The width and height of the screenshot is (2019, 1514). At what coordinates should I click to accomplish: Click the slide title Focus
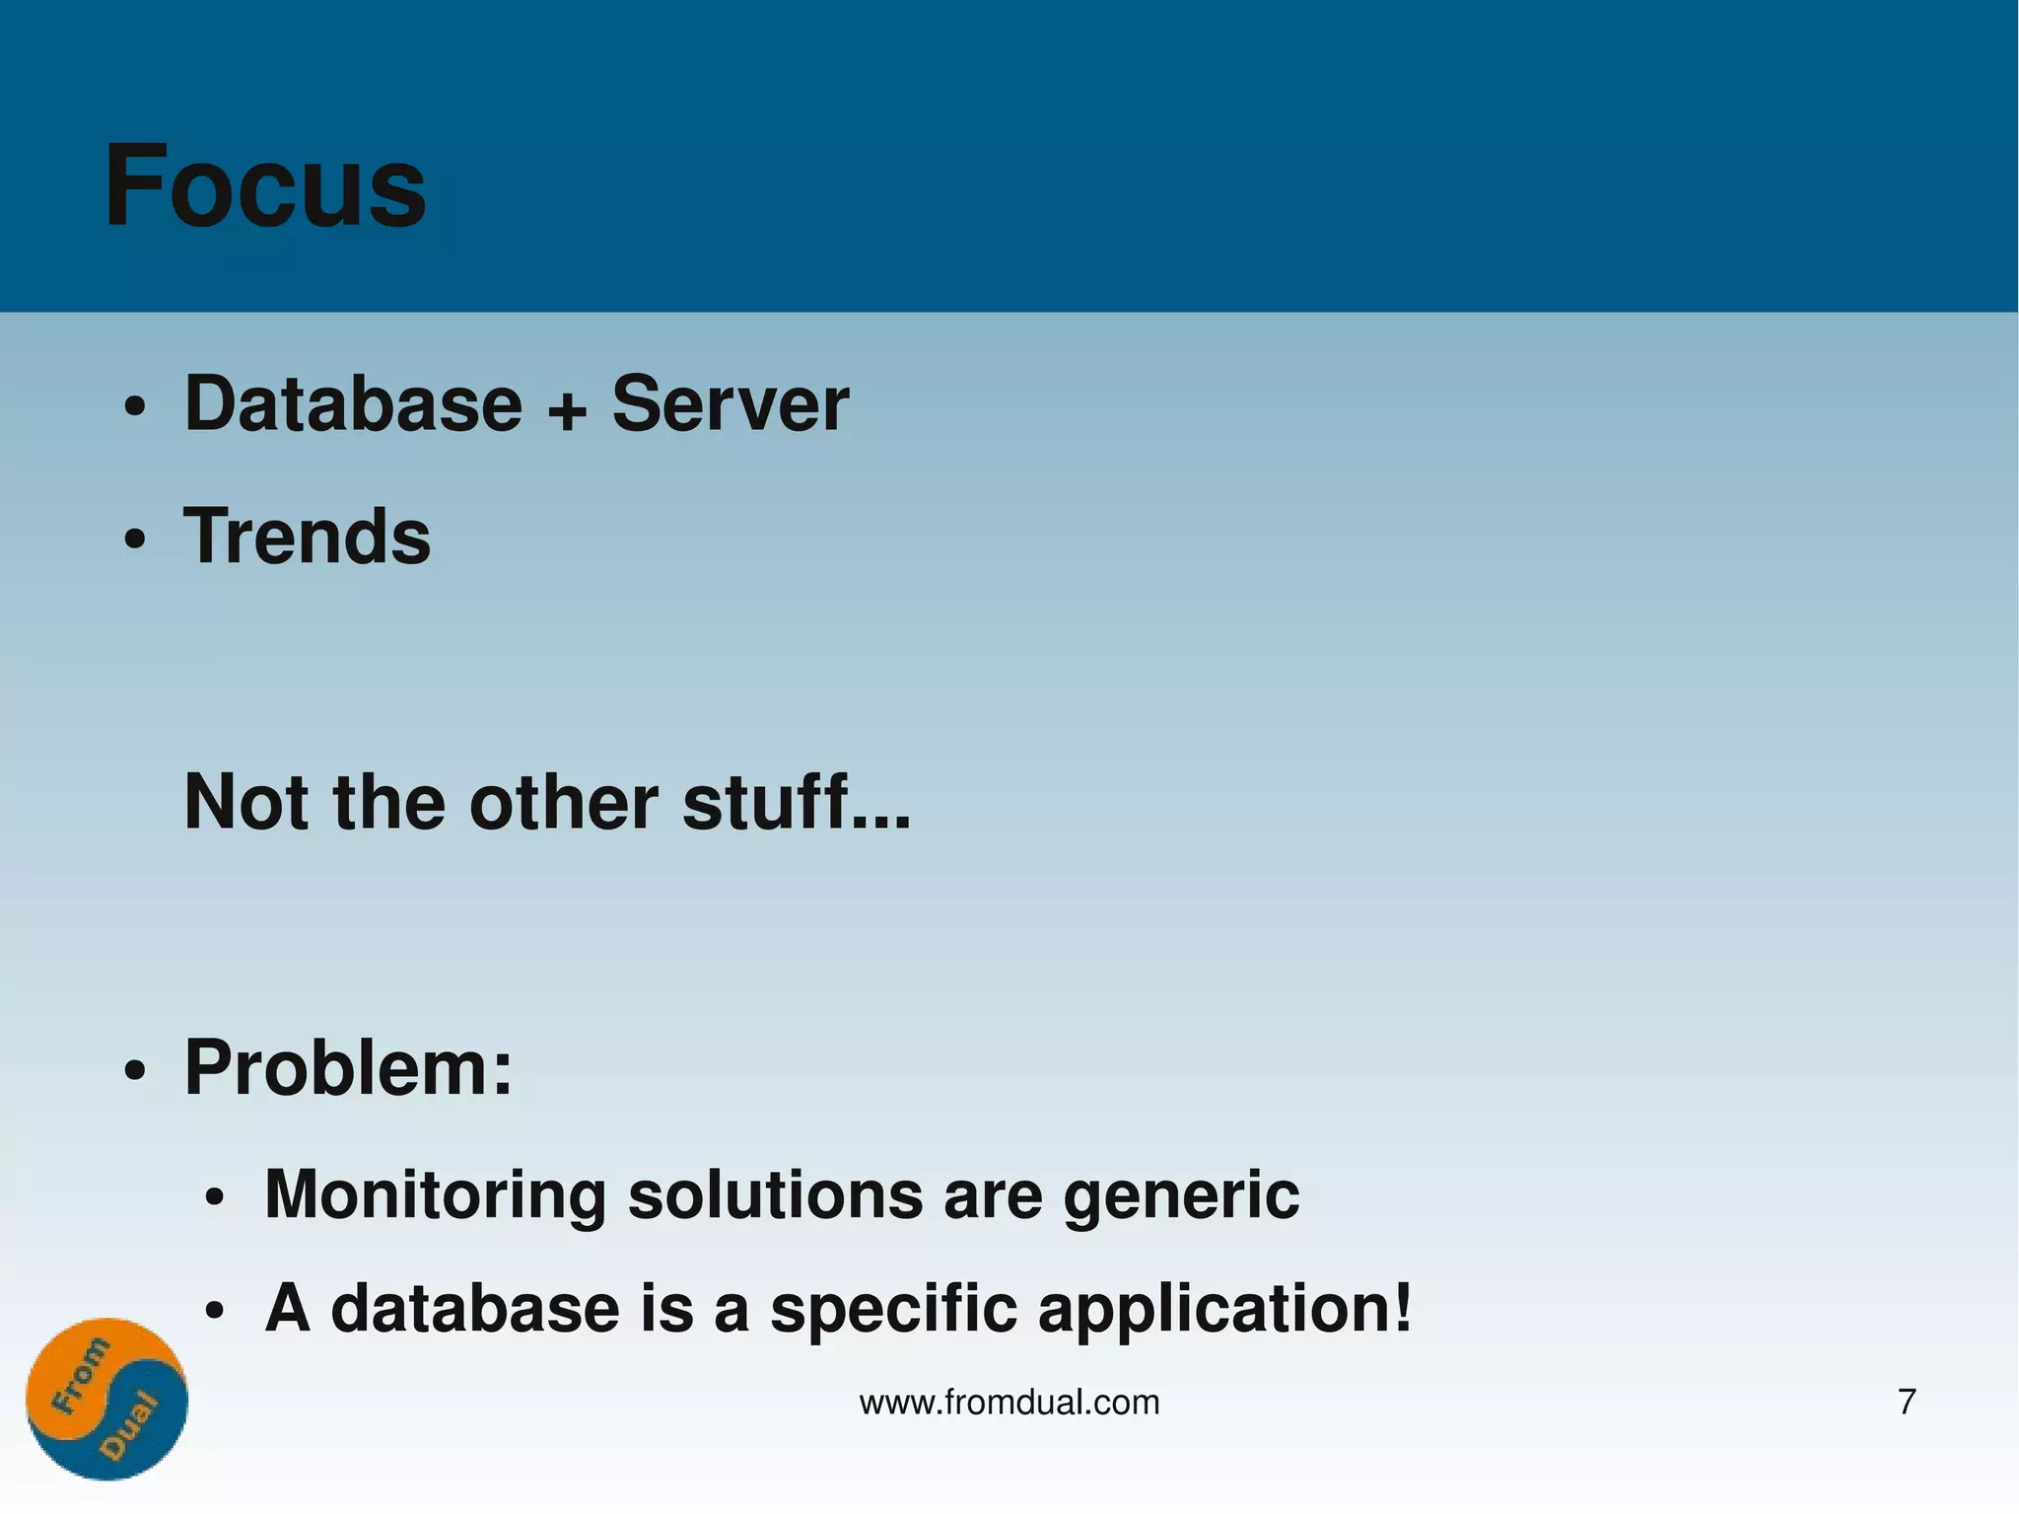(264, 185)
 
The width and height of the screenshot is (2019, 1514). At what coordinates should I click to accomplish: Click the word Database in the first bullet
(353, 403)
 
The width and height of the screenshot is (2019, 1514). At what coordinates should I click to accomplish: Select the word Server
(730, 403)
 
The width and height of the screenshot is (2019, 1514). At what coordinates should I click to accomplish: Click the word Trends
(307, 537)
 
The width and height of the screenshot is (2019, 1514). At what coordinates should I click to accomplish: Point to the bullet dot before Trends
(135, 540)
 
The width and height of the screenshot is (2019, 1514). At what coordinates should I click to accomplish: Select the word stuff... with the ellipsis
(797, 802)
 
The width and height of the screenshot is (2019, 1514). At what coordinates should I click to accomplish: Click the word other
(564, 802)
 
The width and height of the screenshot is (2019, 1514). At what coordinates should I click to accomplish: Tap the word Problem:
(348, 1068)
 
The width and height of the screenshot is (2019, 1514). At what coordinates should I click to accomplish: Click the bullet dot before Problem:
(135, 1071)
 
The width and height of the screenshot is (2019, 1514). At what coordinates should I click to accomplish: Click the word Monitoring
(435, 1194)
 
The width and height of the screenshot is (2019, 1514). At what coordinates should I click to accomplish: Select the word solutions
(775, 1194)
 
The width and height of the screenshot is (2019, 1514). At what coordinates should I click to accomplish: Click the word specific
(893, 1310)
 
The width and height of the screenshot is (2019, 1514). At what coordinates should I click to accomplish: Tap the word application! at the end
(1225, 1310)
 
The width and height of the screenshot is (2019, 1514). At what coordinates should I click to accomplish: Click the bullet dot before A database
(215, 1313)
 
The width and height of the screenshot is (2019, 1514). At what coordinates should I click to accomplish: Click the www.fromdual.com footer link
(1009, 1402)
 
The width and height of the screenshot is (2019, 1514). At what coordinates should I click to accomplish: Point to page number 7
(1907, 1402)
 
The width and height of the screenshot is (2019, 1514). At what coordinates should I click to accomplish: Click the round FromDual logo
(106, 1398)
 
